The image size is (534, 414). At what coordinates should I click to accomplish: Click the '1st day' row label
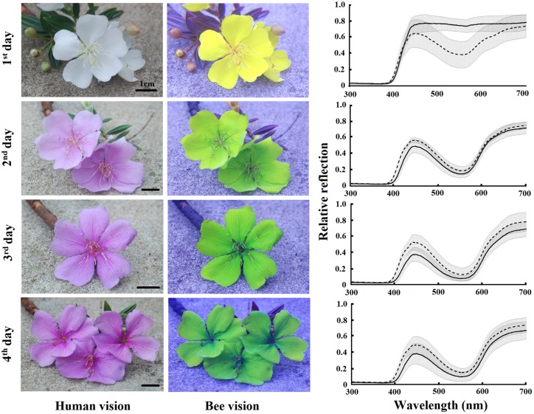point(10,50)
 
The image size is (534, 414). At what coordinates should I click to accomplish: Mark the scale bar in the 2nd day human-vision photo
point(150,189)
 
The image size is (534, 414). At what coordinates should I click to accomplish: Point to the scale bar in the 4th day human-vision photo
point(150,384)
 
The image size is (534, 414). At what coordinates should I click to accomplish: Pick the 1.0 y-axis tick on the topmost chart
point(340,4)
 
